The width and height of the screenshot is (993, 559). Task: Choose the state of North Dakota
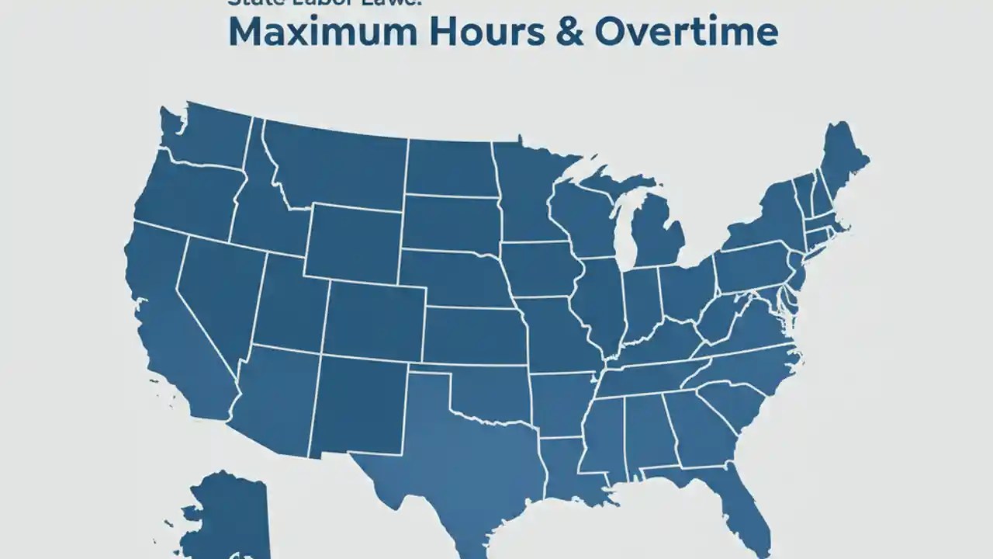pos(450,167)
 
